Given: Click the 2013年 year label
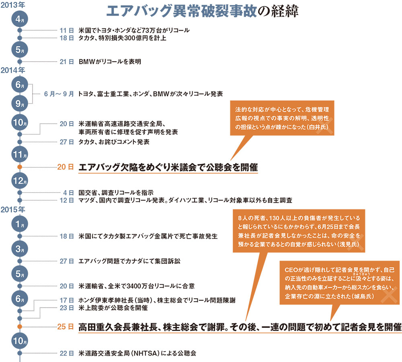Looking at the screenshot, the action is [13, 5].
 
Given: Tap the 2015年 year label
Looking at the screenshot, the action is [13, 209].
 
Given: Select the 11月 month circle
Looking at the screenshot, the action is [20, 154].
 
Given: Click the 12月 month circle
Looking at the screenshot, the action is [20, 181].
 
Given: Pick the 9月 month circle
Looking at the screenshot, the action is [20, 103].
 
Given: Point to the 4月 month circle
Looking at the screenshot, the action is [20, 19].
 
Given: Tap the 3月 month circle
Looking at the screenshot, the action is [20, 249].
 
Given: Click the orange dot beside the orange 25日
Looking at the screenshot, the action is [20, 327].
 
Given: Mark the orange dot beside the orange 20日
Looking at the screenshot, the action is [20, 167].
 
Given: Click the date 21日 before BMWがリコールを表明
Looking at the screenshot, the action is [67, 62].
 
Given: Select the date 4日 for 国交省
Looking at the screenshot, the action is [69, 192].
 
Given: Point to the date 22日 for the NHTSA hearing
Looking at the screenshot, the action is [67, 353].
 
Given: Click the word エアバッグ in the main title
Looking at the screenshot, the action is [139, 11].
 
